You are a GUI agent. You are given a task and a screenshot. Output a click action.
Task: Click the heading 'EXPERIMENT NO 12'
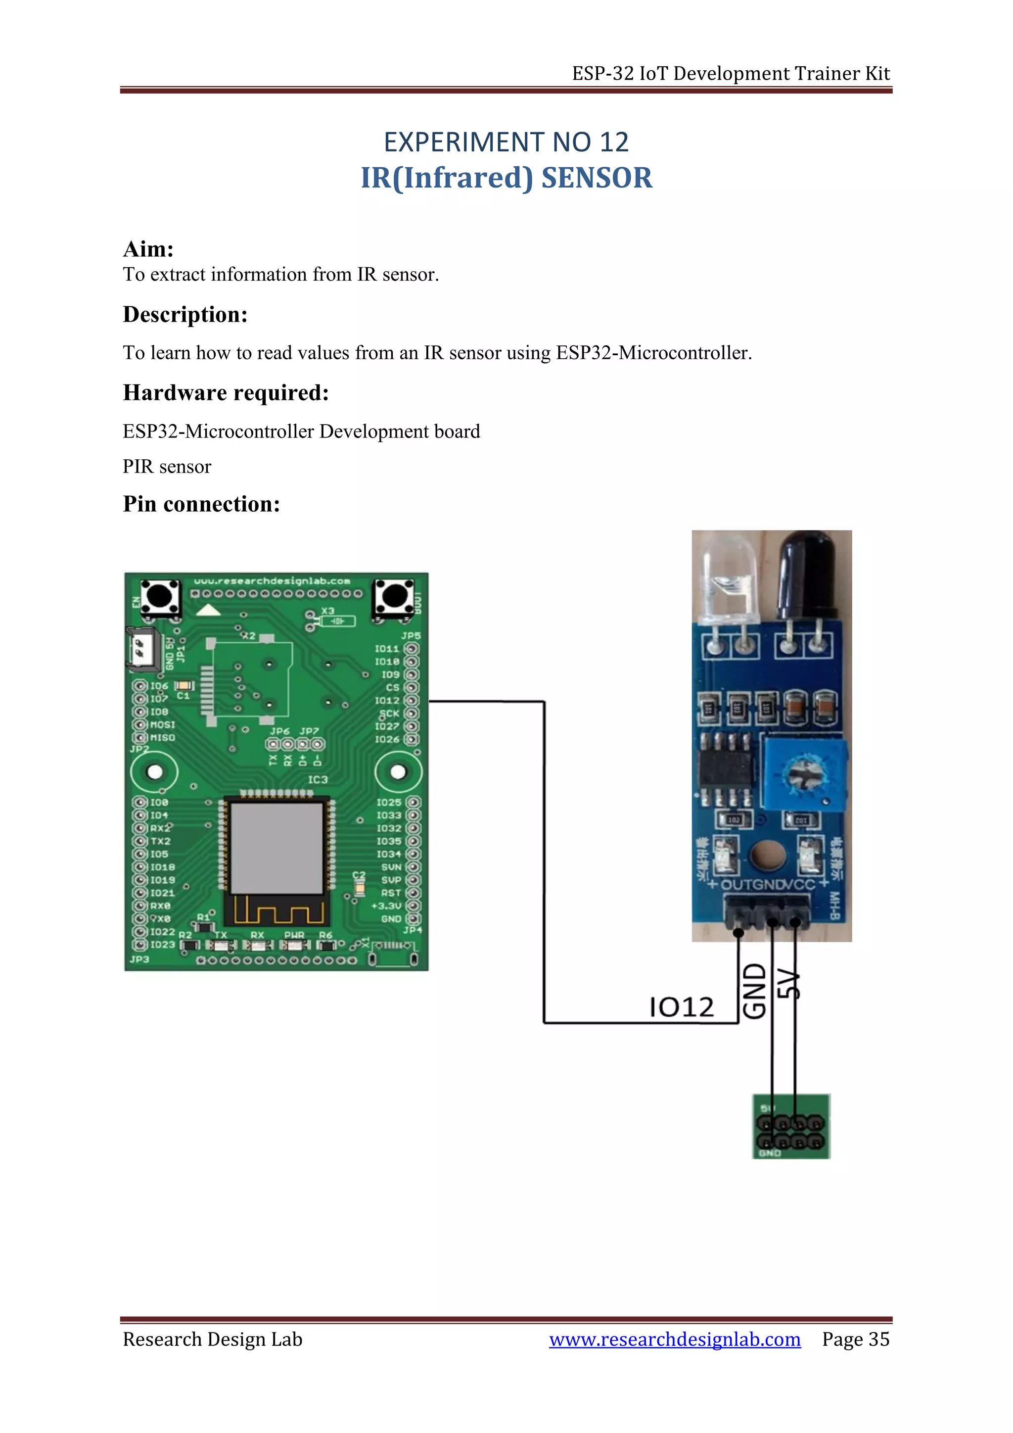(506, 143)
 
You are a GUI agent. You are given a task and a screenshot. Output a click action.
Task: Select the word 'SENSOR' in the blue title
(597, 178)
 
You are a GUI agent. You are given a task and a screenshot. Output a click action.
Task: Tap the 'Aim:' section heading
(148, 249)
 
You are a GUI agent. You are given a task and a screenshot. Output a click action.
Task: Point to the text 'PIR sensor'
(167, 467)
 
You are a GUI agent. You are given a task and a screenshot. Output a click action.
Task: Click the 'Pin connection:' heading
(201, 504)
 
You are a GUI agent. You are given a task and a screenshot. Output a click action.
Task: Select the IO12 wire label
(681, 1007)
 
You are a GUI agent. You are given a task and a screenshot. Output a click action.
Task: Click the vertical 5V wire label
(788, 984)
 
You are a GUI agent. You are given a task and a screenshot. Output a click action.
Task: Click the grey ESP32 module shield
(276, 848)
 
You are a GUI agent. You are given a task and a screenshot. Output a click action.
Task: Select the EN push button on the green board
(160, 597)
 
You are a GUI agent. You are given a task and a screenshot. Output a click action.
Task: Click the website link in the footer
(674, 1339)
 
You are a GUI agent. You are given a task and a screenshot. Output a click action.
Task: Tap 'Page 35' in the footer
(855, 1339)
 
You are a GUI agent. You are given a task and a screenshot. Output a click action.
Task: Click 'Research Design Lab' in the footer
(212, 1339)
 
